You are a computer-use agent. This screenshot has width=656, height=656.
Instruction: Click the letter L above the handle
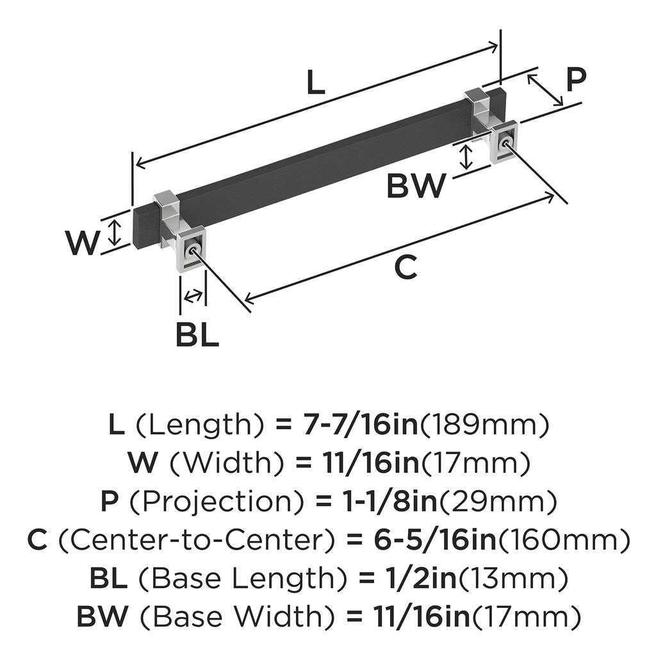click(x=316, y=83)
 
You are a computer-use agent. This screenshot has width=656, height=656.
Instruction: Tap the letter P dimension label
click(x=576, y=81)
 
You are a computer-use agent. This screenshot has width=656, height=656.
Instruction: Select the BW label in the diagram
click(x=416, y=186)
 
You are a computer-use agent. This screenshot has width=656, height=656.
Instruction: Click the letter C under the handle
click(x=406, y=267)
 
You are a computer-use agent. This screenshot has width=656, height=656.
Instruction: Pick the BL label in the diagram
click(x=197, y=334)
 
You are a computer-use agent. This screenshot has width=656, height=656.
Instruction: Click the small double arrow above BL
click(x=193, y=296)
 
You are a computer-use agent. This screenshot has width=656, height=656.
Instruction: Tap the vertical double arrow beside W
click(x=115, y=231)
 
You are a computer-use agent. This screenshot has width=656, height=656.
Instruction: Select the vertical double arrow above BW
click(x=467, y=157)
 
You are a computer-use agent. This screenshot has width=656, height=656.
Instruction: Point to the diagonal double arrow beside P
click(x=545, y=90)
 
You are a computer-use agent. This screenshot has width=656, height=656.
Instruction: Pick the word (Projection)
click(x=195, y=502)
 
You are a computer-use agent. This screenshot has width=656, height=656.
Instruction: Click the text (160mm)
click(x=564, y=541)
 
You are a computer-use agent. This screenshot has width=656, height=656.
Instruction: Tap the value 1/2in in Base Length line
click(x=425, y=579)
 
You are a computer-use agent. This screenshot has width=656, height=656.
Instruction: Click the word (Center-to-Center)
click(x=196, y=541)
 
